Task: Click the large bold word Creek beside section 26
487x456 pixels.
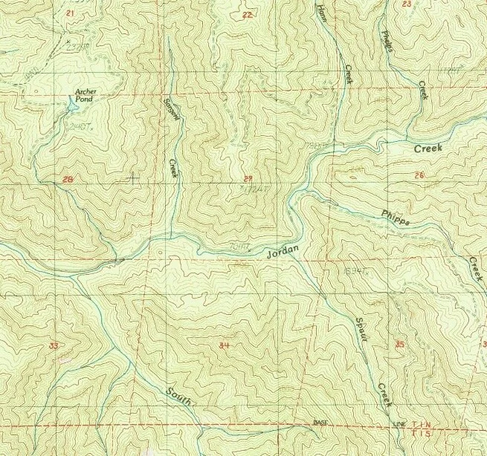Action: [428, 149]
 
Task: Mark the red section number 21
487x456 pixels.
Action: [71, 14]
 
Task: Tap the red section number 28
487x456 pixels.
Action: [69, 180]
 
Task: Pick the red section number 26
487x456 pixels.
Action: [419, 175]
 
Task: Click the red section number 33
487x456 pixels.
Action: [52, 346]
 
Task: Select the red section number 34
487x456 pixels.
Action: [225, 346]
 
